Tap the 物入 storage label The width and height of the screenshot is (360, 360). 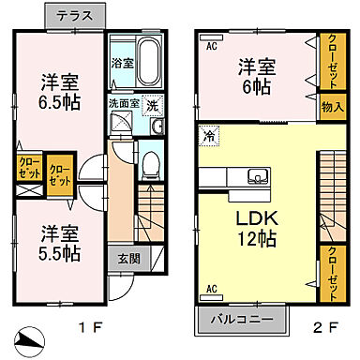pos(330,106)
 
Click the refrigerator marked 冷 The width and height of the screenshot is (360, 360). pos(209,137)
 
